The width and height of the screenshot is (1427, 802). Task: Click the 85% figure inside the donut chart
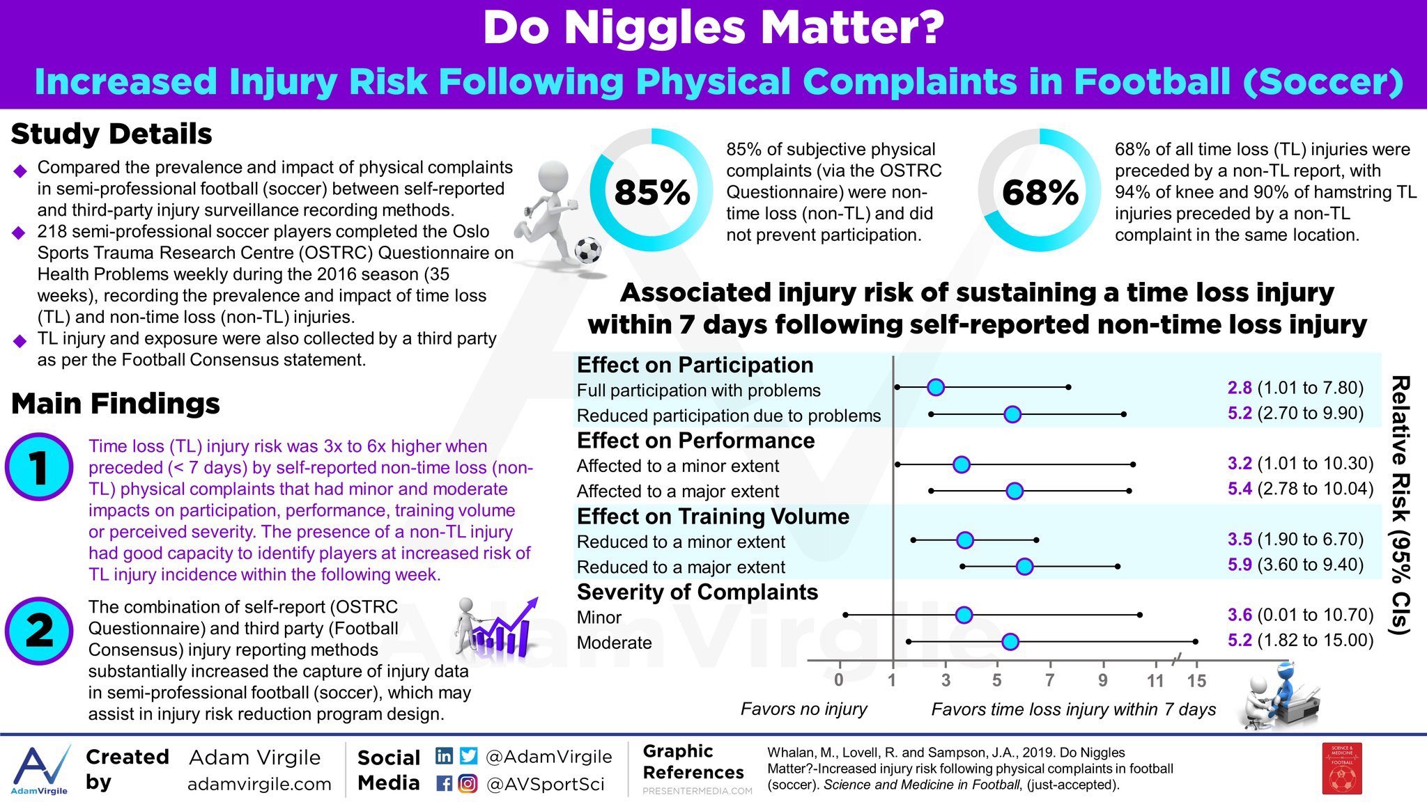tap(651, 192)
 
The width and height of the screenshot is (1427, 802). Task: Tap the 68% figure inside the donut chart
tap(1040, 192)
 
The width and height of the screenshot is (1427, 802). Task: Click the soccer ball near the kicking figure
tap(588, 249)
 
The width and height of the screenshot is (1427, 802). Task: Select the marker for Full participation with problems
tap(936, 388)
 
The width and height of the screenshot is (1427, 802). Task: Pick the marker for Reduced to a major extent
tap(1024, 567)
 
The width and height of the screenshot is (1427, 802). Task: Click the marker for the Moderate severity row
tap(1010, 642)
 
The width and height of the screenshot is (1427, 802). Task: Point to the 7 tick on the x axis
tap(1050, 680)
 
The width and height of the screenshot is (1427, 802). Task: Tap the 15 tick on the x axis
tap(1196, 680)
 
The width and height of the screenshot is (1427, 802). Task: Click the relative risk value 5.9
tap(1240, 565)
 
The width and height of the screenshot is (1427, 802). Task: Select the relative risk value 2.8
tap(1240, 388)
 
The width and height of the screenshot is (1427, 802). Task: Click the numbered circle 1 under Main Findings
tap(39, 467)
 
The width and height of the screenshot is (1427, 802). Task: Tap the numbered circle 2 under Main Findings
tap(39, 631)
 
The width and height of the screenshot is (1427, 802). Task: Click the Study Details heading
tap(111, 134)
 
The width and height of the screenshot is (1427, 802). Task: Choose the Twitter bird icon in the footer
tap(469, 756)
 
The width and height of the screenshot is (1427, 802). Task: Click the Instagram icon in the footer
tap(468, 784)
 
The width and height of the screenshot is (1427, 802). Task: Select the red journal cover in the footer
tap(1342, 769)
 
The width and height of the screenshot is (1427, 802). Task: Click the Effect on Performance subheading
tap(695, 441)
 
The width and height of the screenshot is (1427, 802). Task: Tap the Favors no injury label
tap(803, 709)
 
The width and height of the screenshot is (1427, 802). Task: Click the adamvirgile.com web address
tap(259, 784)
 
